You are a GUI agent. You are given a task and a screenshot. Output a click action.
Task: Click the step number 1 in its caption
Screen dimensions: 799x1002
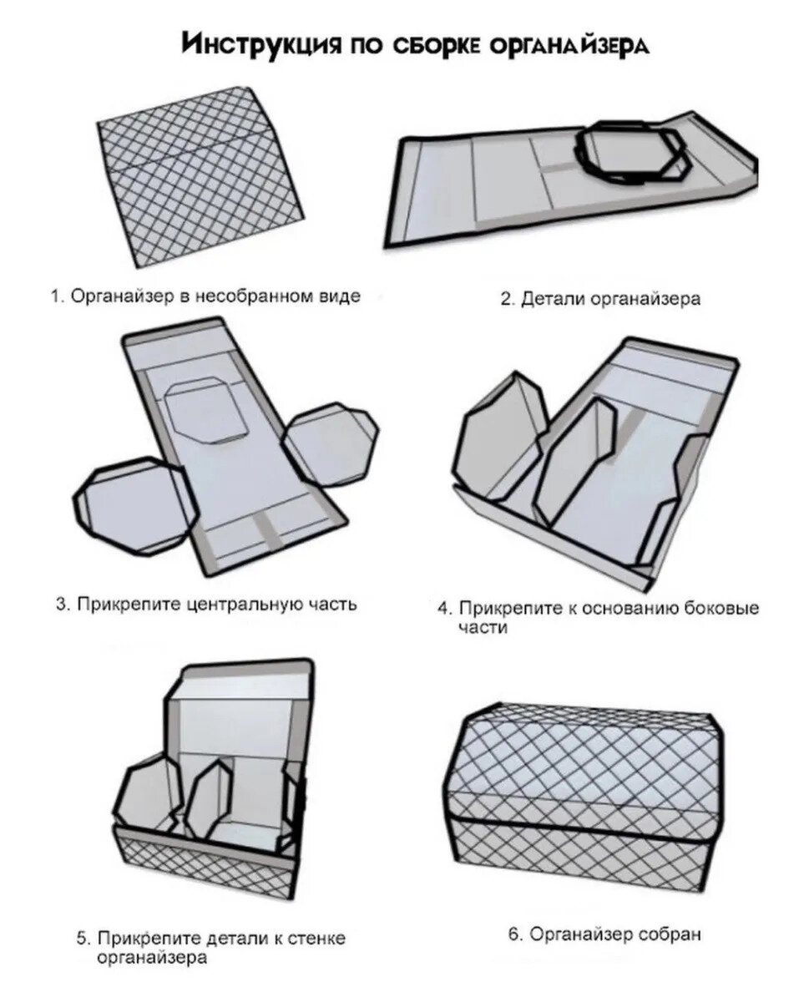(55, 297)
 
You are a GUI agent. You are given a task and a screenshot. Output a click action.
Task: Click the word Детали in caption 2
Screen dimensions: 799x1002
(549, 299)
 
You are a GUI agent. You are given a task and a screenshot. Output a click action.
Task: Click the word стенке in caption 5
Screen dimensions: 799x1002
(318, 939)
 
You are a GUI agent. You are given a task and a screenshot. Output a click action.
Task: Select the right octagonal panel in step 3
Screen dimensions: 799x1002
(331, 443)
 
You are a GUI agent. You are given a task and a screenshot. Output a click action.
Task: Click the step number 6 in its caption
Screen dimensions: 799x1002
(513, 934)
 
